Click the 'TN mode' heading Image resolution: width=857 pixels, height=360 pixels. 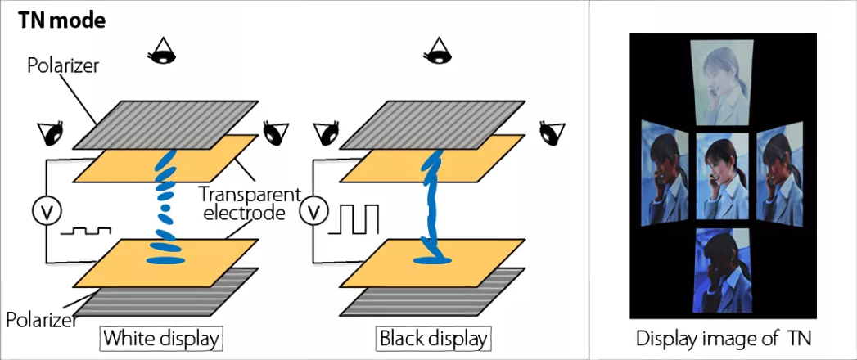pyautogui.click(x=62, y=20)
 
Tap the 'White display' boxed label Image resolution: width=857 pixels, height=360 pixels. pyautogui.click(x=161, y=337)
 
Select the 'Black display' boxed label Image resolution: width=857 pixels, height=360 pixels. pyautogui.click(x=433, y=337)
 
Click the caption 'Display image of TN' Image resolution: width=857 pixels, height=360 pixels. pyautogui.click(x=723, y=338)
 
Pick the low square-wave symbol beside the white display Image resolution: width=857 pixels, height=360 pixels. pyautogui.click(x=90, y=232)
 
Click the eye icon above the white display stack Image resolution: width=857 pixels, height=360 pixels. pyautogui.click(x=165, y=51)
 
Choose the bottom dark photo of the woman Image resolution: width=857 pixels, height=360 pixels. pyautogui.click(x=723, y=270)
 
